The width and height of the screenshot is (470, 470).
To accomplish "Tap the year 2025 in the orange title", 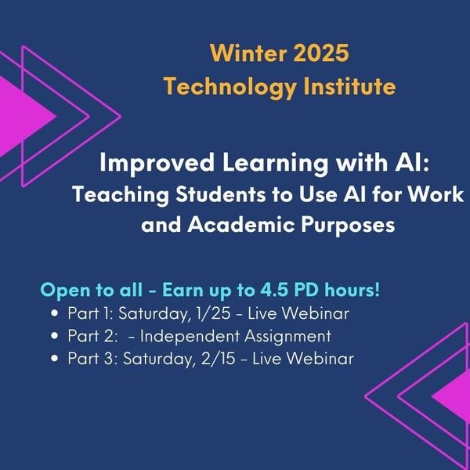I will pos(316,55).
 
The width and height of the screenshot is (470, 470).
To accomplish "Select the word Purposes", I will pos(345,226).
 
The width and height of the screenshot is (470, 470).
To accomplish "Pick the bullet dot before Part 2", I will pos(54,337).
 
